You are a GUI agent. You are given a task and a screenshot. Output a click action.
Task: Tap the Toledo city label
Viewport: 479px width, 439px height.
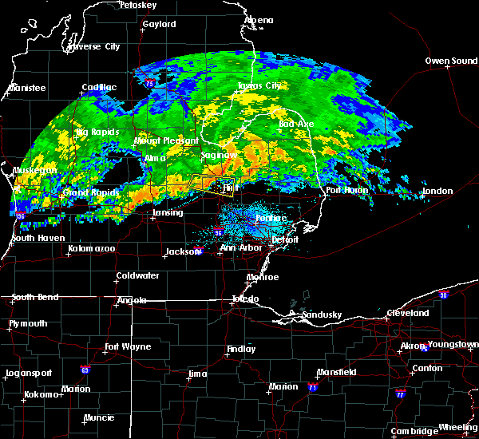[245, 299]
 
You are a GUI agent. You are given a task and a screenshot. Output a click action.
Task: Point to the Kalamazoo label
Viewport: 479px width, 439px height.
[91, 250]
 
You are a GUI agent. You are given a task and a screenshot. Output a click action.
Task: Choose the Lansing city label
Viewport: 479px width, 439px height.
[168, 213]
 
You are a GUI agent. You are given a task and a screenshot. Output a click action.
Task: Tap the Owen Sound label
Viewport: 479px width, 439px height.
[451, 61]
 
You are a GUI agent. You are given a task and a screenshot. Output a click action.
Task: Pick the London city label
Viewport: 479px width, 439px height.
[437, 191]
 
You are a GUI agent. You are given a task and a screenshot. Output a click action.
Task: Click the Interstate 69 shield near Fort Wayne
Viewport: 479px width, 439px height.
[84, 370]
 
